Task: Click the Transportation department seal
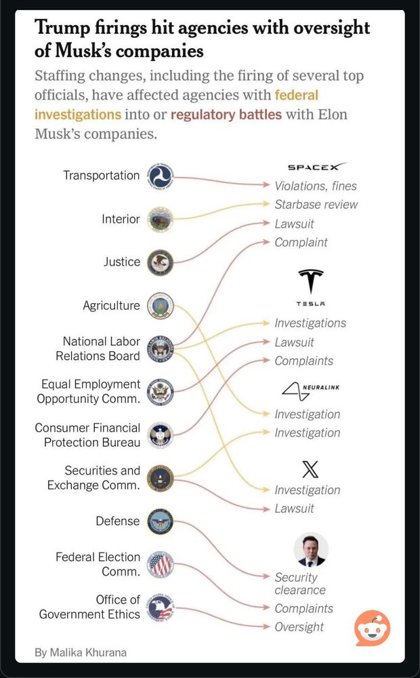tap(161, 176)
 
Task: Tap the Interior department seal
tap(161, 219)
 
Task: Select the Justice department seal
tap(161, 262)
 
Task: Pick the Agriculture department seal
tap(161, 306)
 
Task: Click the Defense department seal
tap(161, 521)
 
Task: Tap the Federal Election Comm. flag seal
tap(161, 564)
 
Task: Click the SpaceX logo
tap(317, 167)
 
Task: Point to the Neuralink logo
tap(310, 391)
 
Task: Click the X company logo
tap(310, 469)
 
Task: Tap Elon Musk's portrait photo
tap(311, 549)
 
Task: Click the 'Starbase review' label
tap(316, 205)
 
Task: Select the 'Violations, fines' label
tap(315, 186)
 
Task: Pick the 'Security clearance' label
tap(299, 584)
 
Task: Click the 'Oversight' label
tap(299, 627)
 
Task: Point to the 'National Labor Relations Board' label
tap(102, 348)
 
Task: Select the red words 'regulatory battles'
tap(226, 114)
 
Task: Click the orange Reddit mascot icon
tap(373, 628)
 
